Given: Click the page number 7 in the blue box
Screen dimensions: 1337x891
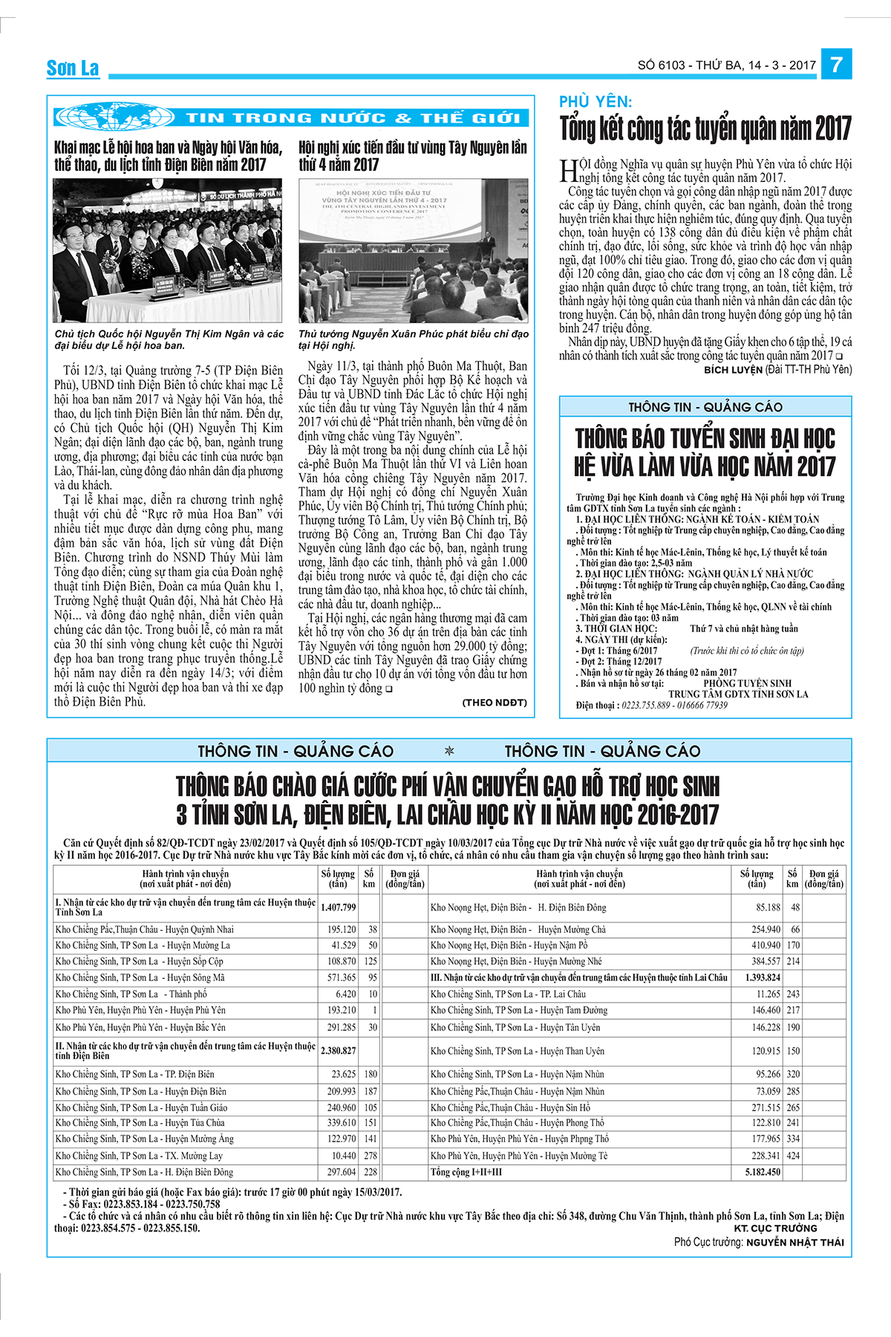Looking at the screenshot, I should point(836,65).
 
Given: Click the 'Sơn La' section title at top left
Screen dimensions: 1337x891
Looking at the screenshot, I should point(73,68).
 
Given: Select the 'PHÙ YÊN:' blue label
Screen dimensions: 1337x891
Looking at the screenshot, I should point(595,103).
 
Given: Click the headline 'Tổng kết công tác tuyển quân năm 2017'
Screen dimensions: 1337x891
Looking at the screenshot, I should point(705,129).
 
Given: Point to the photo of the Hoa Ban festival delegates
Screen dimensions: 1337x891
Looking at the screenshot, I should point(168,250).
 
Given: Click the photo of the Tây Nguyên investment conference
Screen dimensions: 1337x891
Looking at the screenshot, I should point(413,250).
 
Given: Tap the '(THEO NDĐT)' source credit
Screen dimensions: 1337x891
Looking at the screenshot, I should point(495,703).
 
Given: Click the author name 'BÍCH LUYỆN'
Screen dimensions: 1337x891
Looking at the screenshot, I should point(733,369).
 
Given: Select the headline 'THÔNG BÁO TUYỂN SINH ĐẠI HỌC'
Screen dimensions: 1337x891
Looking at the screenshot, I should point(705,438).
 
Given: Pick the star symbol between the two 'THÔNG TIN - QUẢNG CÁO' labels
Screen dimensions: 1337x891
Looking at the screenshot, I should point(448,751).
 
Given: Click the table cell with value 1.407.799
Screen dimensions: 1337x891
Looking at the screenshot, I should point(338,907).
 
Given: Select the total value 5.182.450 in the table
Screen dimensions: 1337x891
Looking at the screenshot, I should point(763,1172).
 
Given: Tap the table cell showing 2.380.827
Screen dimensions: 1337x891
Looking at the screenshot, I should point(338,1050).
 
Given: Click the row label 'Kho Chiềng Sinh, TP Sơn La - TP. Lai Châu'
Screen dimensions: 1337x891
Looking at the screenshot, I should point(508,994).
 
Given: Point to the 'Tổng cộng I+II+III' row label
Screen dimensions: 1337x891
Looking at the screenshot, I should point(466,1172).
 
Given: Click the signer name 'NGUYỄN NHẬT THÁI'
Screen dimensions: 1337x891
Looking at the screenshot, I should point(794,1242).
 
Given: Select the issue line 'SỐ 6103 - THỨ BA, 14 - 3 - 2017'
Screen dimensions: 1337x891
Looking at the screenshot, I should point(726,65).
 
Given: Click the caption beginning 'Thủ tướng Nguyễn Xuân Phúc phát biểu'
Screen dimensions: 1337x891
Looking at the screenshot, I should point(413,339).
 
